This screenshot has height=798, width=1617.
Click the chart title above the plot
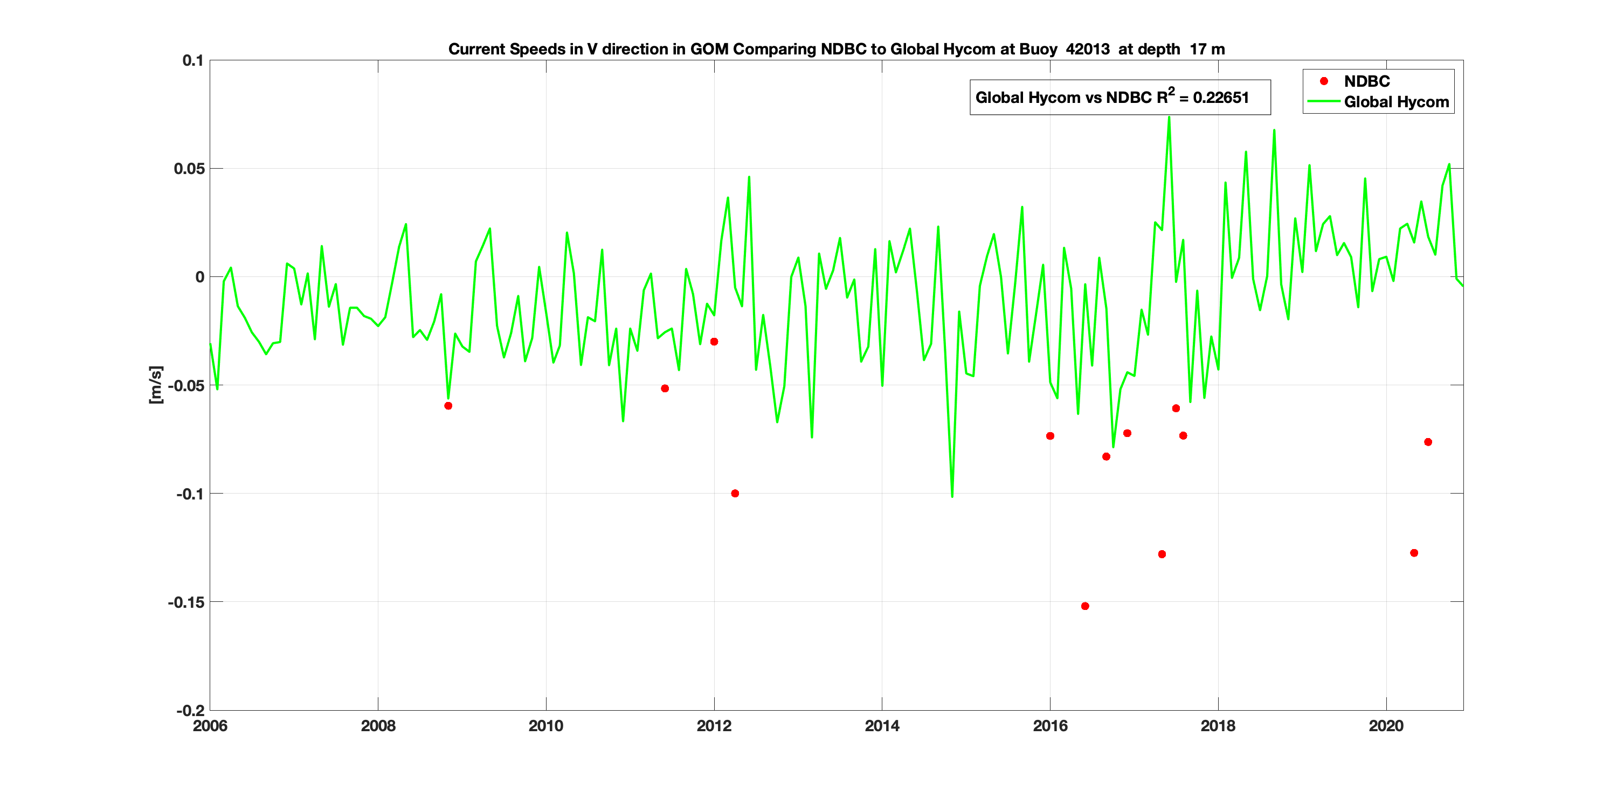(836, 49)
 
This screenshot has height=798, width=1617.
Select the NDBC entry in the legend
(1366, 81)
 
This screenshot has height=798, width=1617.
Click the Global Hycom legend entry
(1396, 102)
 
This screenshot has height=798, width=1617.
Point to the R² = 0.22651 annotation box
(1120, 97)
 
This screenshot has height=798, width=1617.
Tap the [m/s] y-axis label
(156, 385)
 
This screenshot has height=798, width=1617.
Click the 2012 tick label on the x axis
(714, 726)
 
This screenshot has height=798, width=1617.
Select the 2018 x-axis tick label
(1218, 726)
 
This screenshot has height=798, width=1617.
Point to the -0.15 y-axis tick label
(186, 602)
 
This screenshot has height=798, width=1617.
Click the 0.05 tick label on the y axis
(189, 169)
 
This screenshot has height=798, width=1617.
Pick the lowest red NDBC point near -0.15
(1084, 606)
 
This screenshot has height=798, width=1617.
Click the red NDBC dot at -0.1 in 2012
(735, 494)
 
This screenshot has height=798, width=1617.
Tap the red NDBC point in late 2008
(448, 406)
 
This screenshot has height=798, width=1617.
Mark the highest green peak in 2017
(1169, 117)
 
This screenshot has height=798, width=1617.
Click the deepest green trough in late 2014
(952, 496)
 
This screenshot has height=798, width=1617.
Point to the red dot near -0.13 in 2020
(1414, 553)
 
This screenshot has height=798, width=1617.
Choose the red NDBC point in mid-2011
(665, 388)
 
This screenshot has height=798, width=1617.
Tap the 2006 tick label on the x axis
(210, 726)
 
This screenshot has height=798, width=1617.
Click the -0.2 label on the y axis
(190, 711)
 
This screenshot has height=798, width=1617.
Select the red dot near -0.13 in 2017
(1162, 554)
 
